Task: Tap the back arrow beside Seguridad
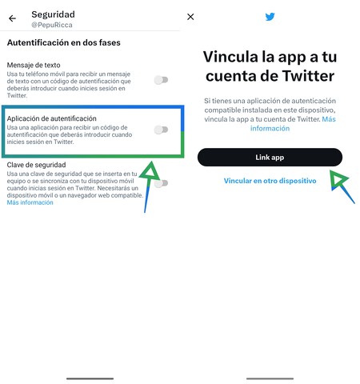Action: coord(12,18)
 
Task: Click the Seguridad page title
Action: coord(53,14)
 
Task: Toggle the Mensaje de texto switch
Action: coord(162,79)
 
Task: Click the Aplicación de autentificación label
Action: coord(51,118)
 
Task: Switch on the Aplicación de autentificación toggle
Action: coord(162,130)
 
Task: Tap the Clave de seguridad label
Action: coord(38,164)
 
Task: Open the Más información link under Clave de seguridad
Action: coord(30,203)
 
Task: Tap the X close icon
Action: coord(190,17)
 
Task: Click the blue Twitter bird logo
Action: coord(270,17)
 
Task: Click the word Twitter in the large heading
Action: coord(306,76)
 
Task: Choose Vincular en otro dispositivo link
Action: coord(270,181)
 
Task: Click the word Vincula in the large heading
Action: coord(233,56)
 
